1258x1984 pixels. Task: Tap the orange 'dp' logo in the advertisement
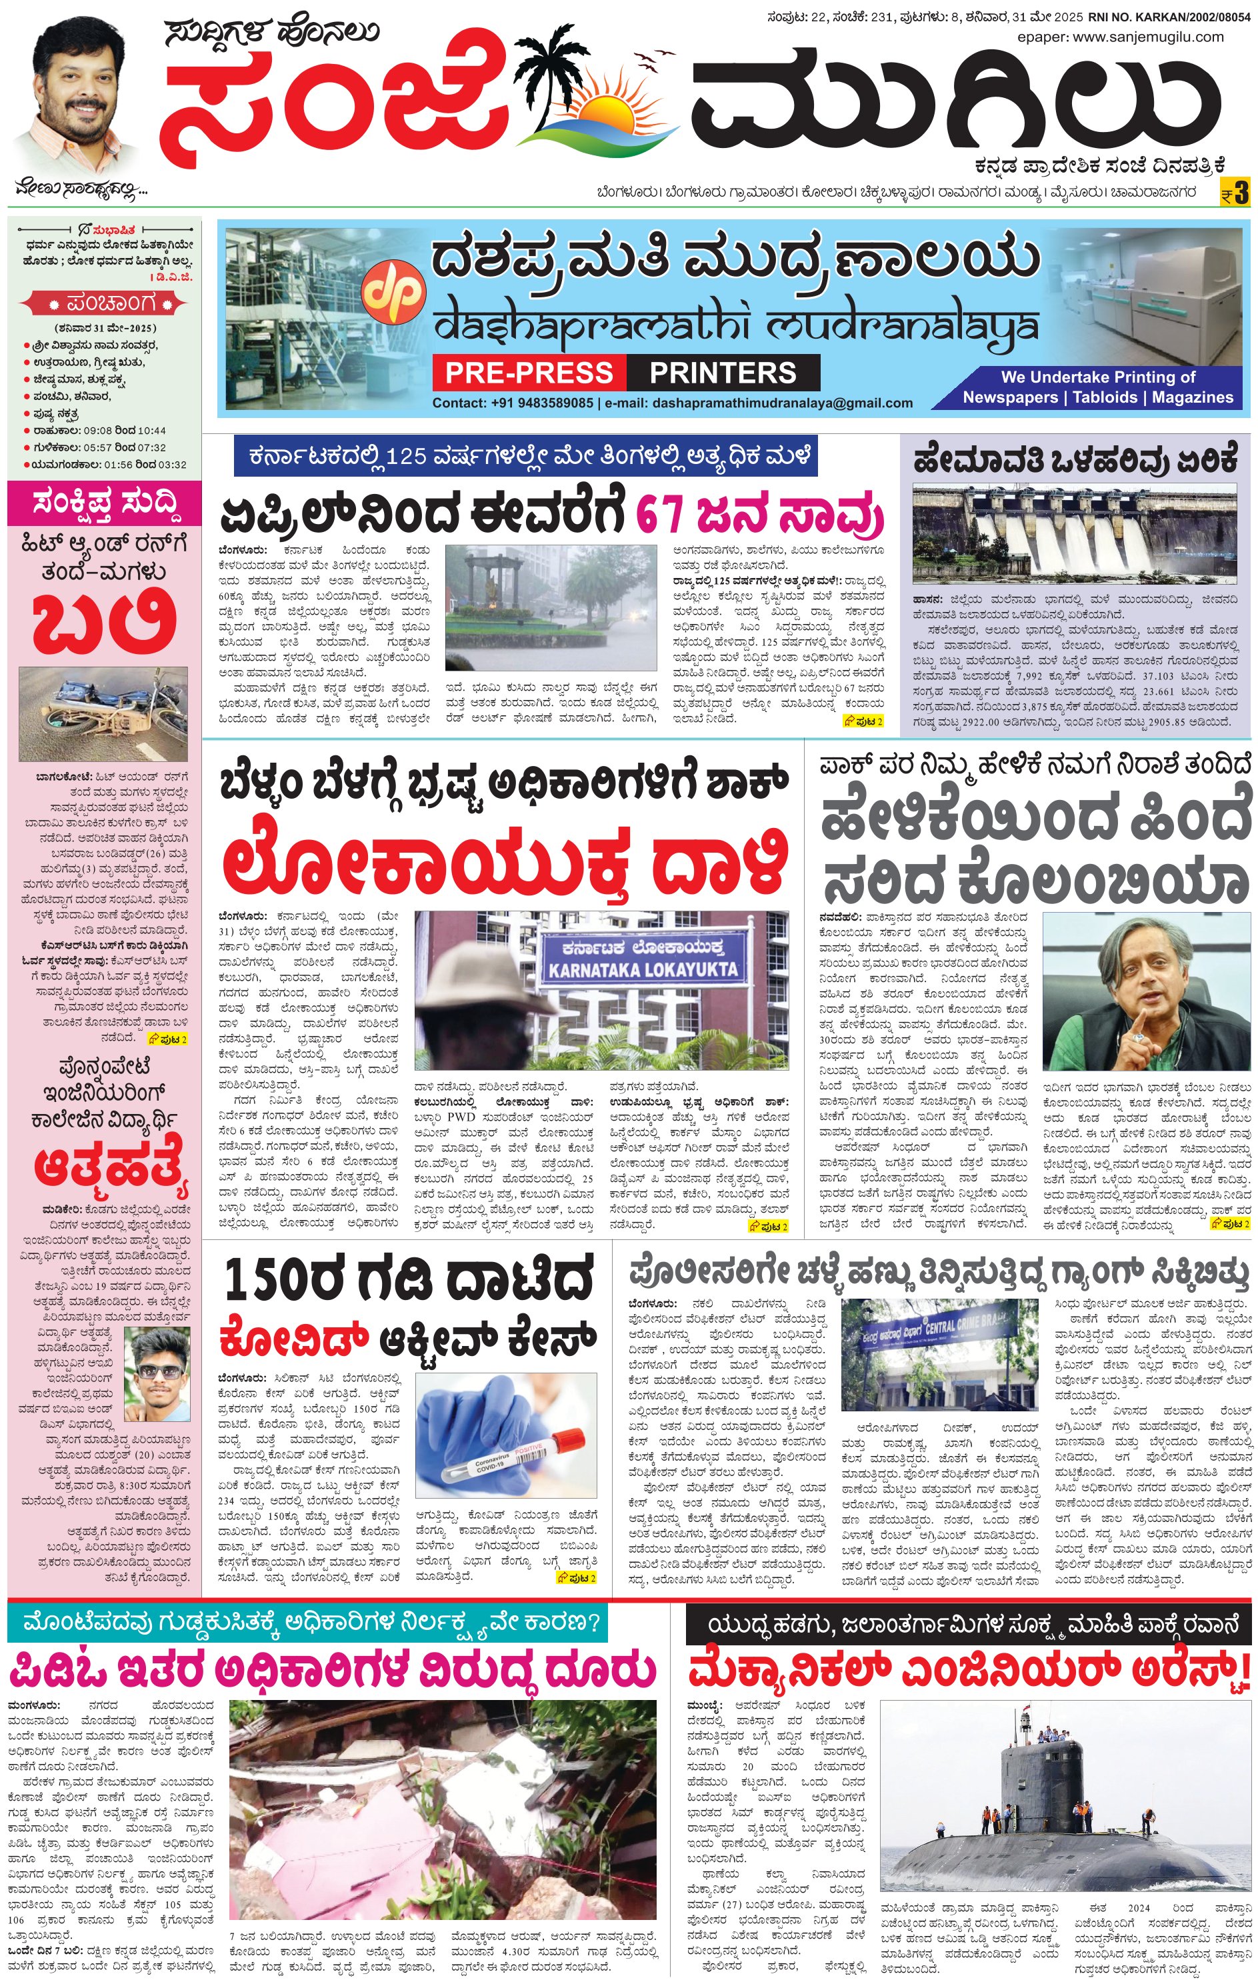point(395,290)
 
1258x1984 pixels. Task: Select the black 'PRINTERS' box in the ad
point(723,373)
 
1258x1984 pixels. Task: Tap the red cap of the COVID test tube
point(567,1442)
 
